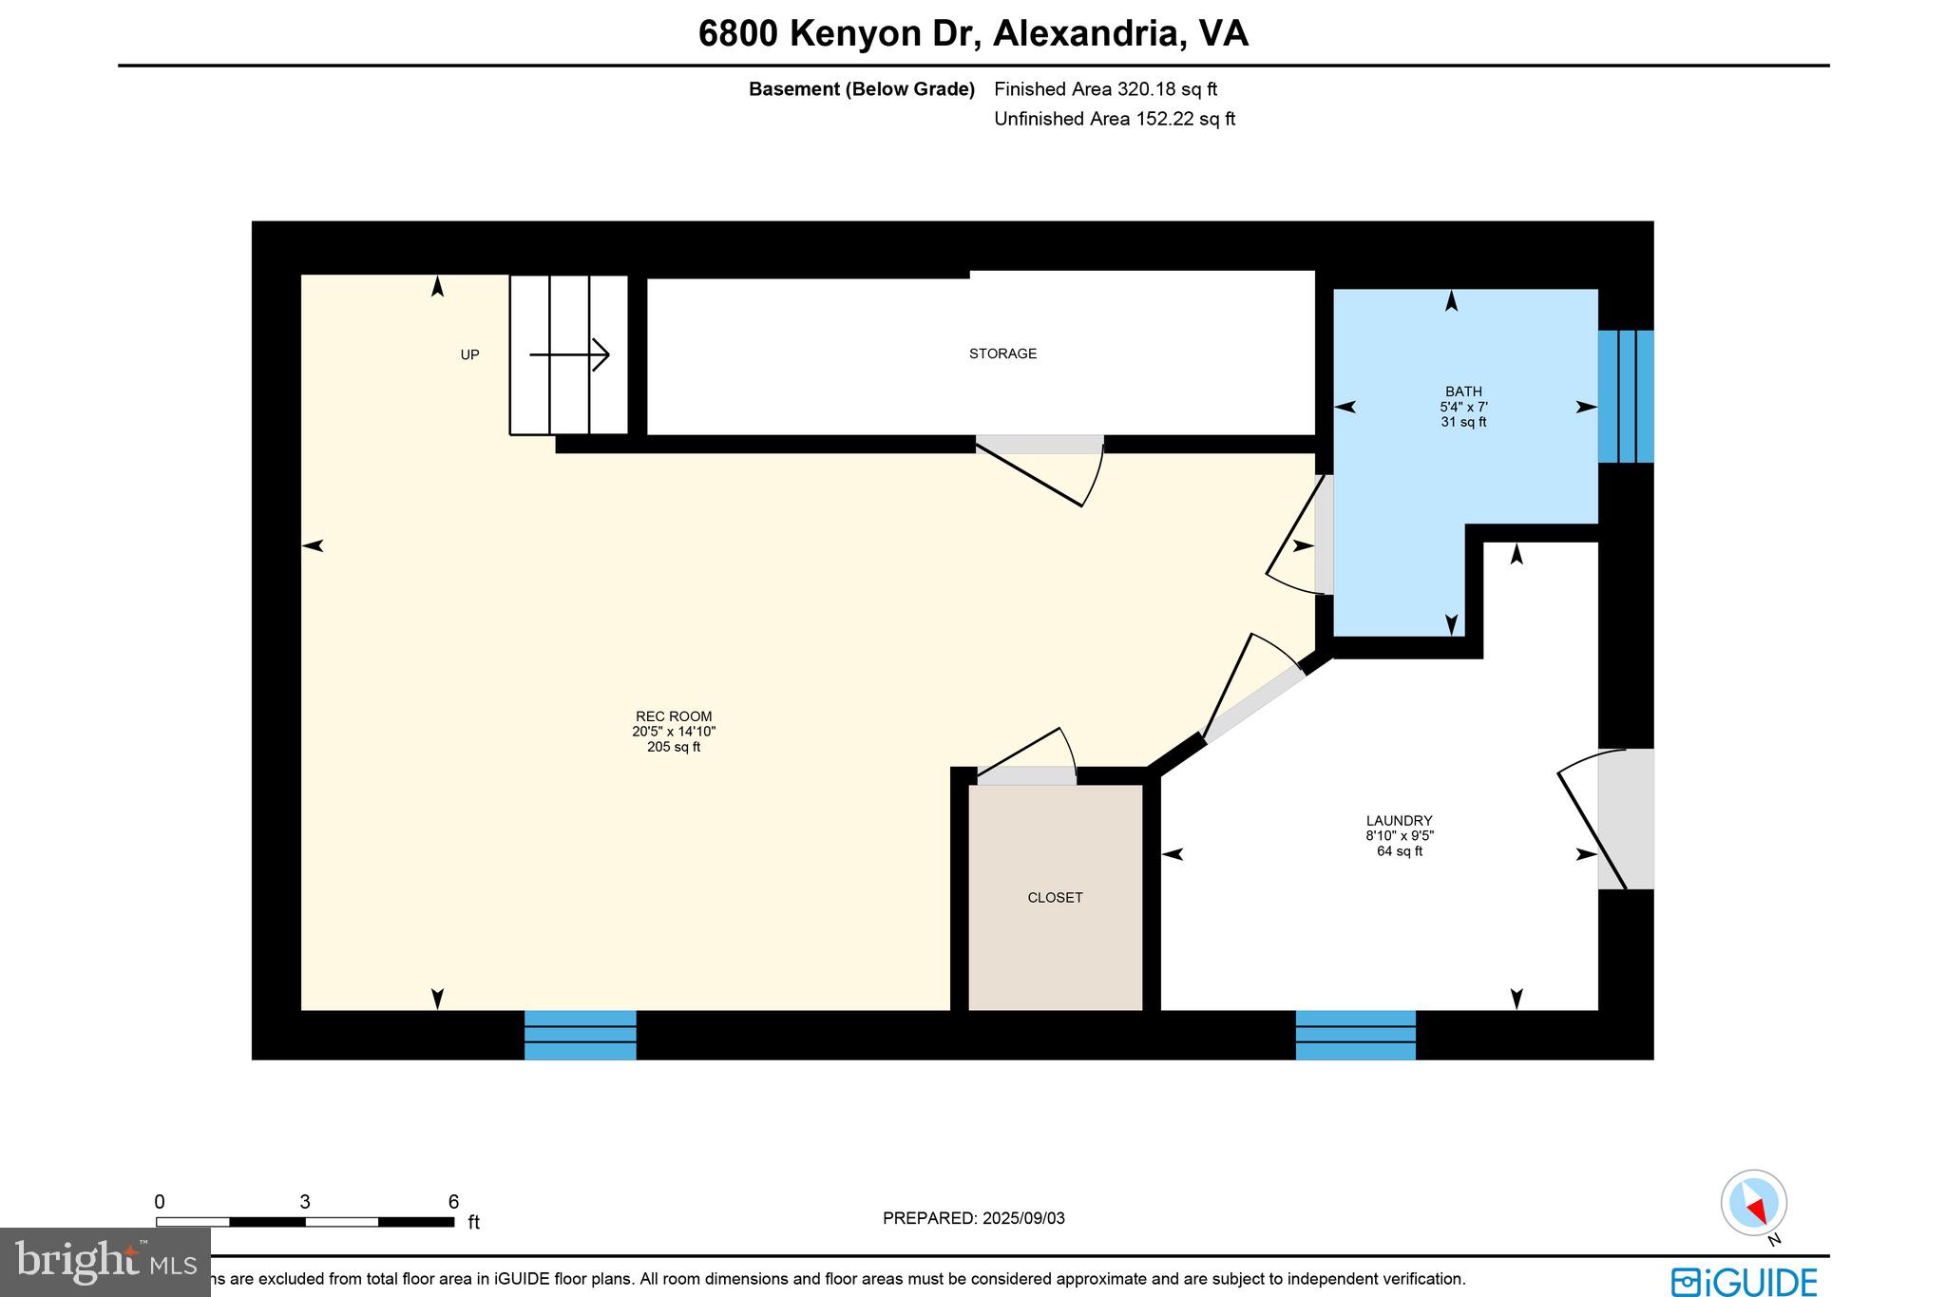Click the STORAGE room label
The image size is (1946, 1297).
pyautogui.click(x=1002, y=353)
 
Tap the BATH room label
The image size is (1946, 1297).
pyautogui.click(x=1463, y=391)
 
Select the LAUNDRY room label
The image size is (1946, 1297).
pyautogui.click(x=1399, y=821)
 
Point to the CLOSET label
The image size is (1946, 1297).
pyautogui.click(x=1055, y=898)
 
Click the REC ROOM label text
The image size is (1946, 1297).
pyautogui.click(x=674, y=717)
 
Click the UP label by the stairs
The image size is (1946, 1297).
pyautogui.click(x=469, y=355)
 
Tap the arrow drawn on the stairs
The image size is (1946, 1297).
pyautogui.click(x=569, y=355)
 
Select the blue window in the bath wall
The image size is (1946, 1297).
pyautogui.click(x=1626, y=396)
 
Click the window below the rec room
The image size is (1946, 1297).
pyautogui.click(x=581, y=1035)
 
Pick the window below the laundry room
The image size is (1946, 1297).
pyautogui.click(x=1356, y=1035)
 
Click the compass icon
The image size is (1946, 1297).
pyautogui.click(x=1753, y=1203)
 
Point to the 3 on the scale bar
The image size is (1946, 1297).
pyautogui.click(x=305, y=1202)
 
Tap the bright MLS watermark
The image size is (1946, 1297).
pyautogui.click(x=105, y=1262)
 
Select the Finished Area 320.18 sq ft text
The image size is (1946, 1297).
pyautogui.click(x=1105, y=89)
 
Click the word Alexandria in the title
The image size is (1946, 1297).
pyautogui.click(x=1087, y=33)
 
